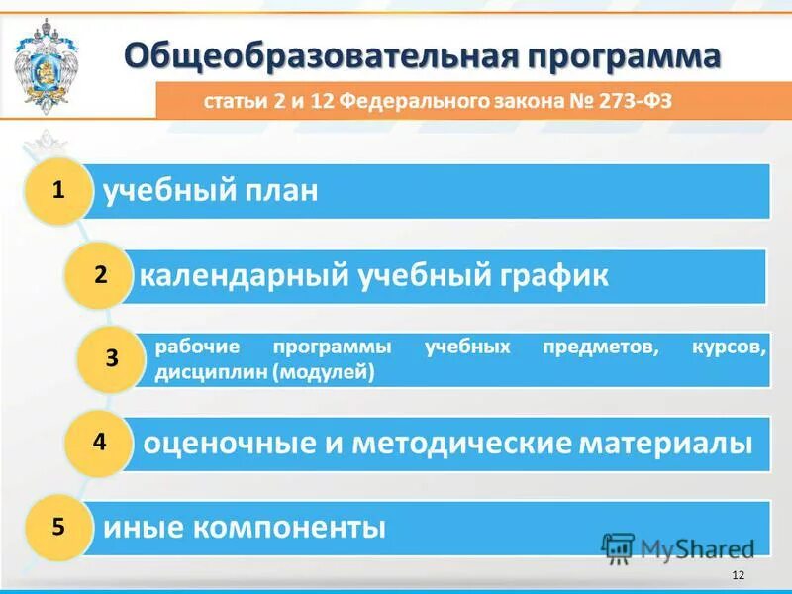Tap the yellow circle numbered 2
(x=99, y=275)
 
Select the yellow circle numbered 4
(x=99, y=443)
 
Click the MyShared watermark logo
(x=678, y=548)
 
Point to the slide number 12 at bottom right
(x=737, y=576)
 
